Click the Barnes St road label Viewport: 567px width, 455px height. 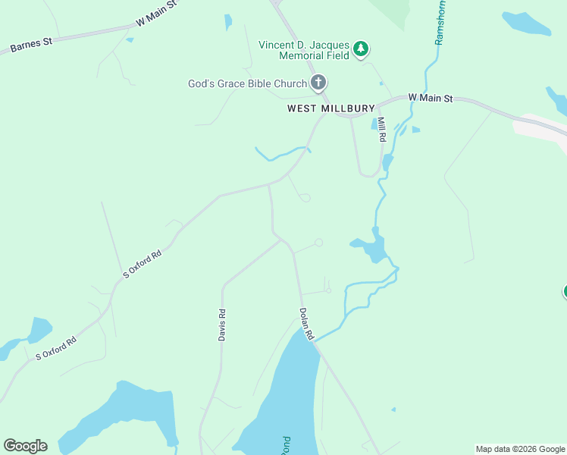point(31,45)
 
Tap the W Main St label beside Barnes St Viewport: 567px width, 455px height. point(157,12)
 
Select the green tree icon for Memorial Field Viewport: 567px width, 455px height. point(362,49)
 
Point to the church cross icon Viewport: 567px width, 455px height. point(318,83)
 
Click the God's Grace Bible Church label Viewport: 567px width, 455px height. point(247,83)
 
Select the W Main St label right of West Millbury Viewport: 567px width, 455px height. point(430,98)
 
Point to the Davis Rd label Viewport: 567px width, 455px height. point(222,325)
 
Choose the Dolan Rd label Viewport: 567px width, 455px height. point(306,322)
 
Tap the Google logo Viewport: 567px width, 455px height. point(25,446)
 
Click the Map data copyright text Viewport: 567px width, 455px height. point(520,449)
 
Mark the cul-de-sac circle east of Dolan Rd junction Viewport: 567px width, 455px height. point(319,243)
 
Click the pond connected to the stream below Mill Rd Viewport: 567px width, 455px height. point(371,248)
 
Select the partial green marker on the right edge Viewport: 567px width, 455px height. point(564,292)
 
